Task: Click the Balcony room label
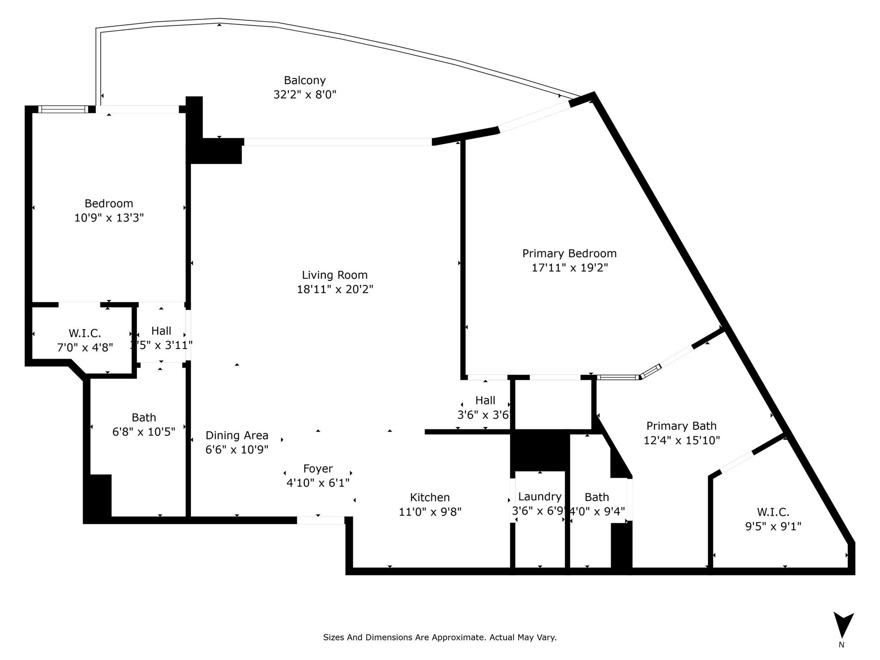(305, 80)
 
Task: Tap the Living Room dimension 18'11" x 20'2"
(335, 289)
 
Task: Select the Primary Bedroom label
(569, 253)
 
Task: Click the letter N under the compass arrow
(841, 645)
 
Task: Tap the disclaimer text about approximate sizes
(440, 637)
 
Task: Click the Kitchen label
(430, 497)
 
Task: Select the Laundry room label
(540, 496)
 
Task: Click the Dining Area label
(237, 435)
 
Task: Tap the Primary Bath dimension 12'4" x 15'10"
(681, 440)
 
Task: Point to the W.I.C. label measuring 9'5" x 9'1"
(773, 512)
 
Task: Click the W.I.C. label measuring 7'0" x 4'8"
(85, 333)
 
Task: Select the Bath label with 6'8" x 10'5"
(144, 417)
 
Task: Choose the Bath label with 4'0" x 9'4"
(596, 497)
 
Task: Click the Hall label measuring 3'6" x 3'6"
(485, 400)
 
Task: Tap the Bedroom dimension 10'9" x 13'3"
(109, 218)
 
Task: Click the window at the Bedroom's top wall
(62, 109)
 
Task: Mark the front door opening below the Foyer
(321, 520)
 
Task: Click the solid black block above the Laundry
(540, 450)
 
